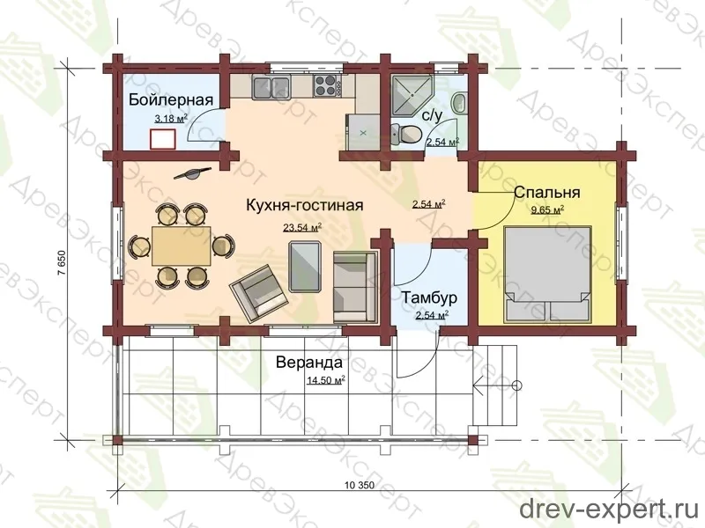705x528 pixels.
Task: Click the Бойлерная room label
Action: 171,99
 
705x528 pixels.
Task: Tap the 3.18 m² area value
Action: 170,119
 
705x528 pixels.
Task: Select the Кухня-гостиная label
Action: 304,205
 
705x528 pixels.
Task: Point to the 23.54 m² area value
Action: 302,228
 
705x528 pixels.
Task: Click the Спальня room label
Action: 546,192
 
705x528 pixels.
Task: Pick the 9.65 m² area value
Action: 547,210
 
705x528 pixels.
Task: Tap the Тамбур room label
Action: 429,297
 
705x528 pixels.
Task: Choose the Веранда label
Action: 309,362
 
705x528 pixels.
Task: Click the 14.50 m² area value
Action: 325,381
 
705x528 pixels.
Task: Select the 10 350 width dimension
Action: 360,486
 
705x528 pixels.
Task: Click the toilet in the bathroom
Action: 405,134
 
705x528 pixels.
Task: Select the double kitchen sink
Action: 271,87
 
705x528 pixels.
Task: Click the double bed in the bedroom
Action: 546,275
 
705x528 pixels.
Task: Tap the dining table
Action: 182,246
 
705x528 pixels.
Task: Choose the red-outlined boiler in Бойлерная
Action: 163,139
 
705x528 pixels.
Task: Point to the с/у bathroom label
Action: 433,115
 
